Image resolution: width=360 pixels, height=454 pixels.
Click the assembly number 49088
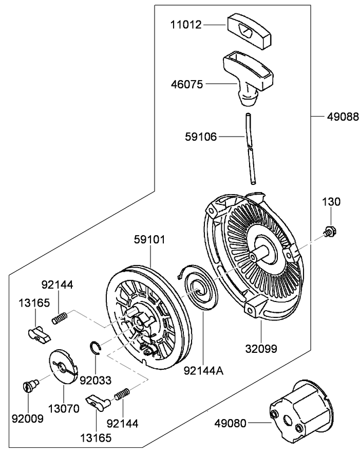[x=343, y=117]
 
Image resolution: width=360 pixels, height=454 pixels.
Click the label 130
[x=331, y=202]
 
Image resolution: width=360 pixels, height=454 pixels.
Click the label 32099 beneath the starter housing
[x=260, y=349]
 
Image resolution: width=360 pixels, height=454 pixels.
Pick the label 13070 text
[x=64, y=409]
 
